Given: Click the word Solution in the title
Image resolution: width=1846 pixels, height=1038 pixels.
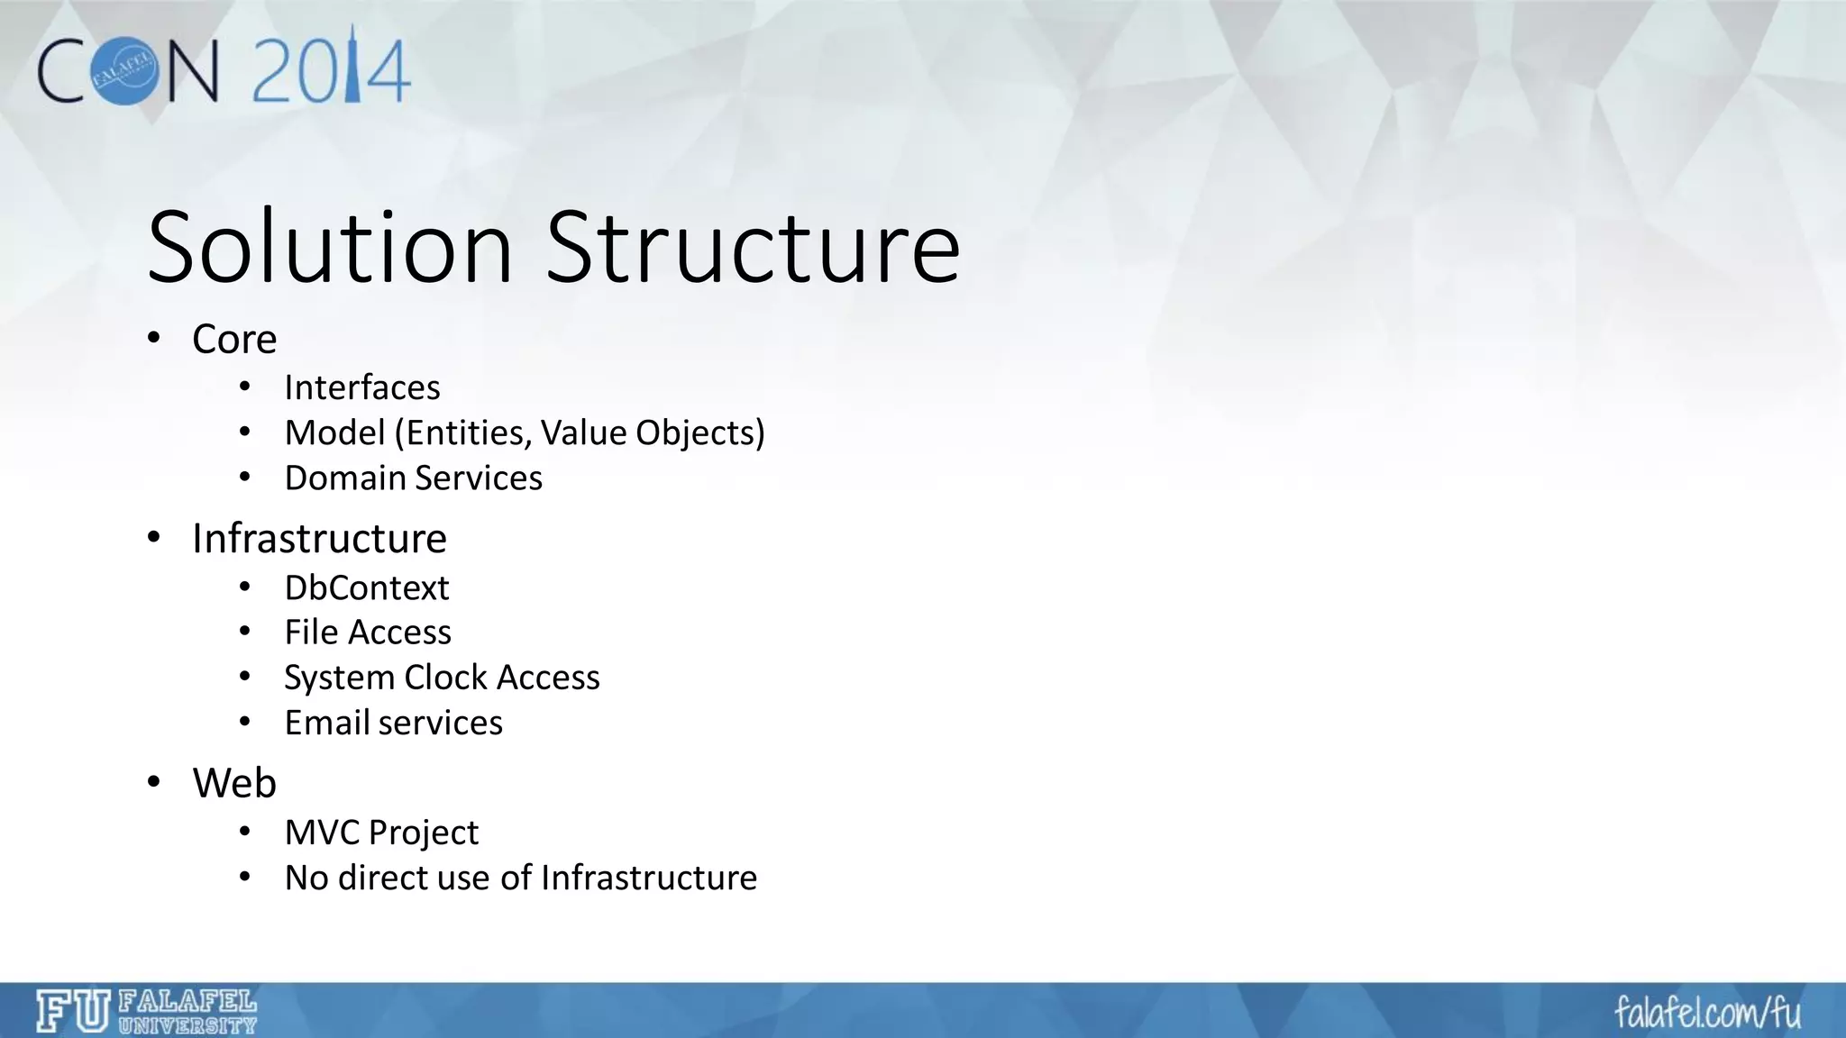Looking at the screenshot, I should pos(330,248).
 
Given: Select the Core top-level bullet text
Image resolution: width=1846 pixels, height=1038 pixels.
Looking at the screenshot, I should pos(234,340).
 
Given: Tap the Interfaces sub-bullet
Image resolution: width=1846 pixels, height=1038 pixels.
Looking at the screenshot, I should pos(362,387).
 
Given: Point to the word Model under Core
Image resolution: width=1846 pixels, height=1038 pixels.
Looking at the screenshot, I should pos(334,433).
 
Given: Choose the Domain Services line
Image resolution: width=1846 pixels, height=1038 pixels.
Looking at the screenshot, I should pos(413,478).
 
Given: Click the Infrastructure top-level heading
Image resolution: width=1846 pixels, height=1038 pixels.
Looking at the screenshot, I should pos(319,539).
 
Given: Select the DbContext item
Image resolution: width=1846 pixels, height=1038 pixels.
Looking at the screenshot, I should pos(367,588).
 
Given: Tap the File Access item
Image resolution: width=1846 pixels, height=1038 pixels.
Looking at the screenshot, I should pos(368,633).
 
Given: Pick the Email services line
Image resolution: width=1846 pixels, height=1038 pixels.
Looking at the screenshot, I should pos(393,723).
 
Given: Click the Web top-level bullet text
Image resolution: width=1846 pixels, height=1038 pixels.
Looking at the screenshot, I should pos(234,783).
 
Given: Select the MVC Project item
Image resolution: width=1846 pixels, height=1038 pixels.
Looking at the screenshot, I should pos(381,833).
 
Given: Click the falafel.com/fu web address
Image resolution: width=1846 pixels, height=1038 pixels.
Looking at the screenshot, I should pos(1707,1013).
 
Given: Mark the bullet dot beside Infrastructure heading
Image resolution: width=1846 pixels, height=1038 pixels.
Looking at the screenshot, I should pos(154,539).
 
